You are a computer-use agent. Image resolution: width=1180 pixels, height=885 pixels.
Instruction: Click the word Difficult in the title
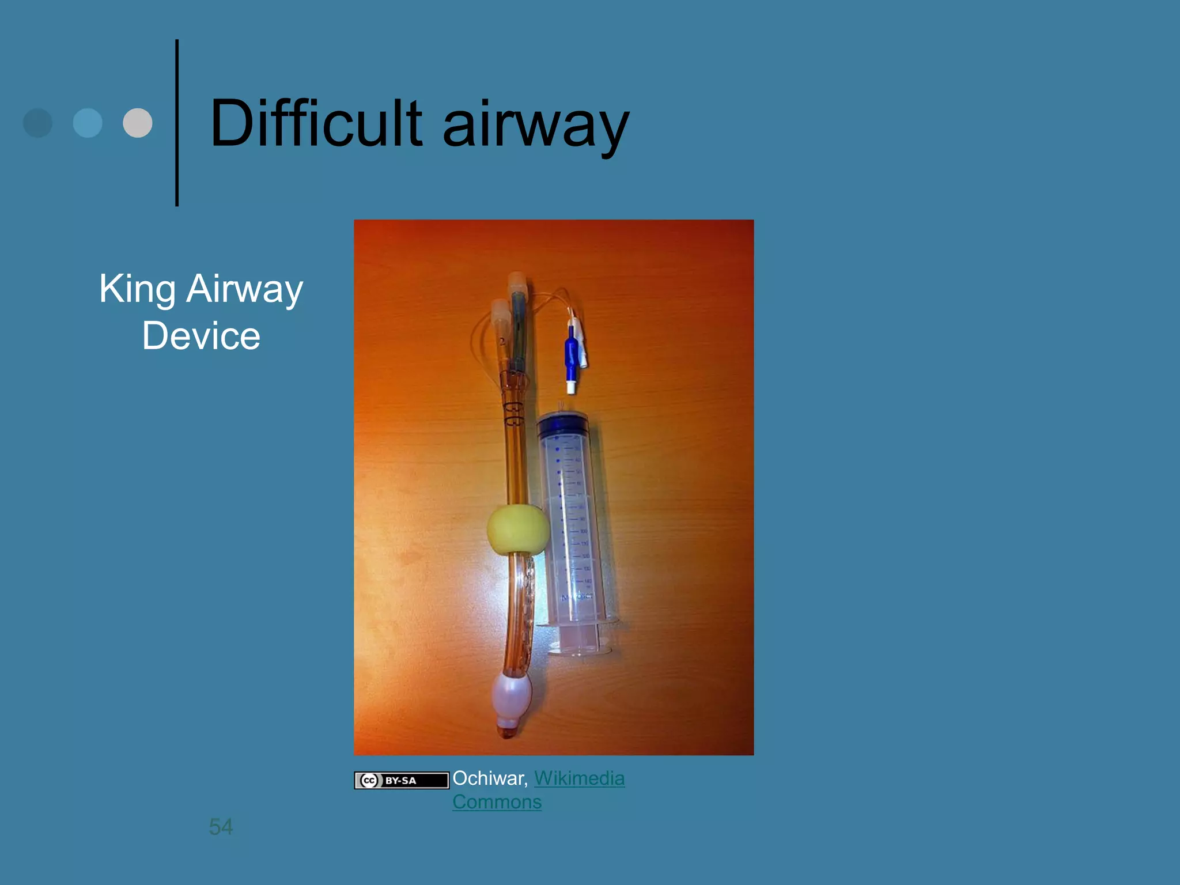316,123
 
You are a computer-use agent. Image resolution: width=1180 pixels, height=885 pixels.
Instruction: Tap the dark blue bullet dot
37,123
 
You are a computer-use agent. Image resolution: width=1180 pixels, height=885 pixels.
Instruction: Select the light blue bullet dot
88,123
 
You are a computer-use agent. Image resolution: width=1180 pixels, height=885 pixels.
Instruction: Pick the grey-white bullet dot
138,123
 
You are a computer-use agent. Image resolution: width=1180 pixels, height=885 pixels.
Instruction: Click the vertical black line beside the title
177,123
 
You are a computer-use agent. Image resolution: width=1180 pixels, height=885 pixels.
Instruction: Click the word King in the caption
137,289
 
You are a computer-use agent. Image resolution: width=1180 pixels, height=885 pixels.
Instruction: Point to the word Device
201,336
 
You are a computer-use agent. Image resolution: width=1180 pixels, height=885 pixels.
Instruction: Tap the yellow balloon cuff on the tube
517,530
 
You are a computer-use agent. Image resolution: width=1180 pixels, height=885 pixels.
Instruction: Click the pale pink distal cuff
511,698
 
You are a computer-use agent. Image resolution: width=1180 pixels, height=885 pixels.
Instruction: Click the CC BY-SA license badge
401,780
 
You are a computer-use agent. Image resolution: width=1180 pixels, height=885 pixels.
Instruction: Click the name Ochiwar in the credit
490,778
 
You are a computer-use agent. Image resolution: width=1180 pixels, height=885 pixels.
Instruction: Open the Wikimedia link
579,778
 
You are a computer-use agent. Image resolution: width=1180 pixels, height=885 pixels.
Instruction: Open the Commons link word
497,802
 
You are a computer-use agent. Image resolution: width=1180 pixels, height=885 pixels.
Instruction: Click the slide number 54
221,827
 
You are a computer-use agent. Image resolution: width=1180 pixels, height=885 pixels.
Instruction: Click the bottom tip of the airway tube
508,732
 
